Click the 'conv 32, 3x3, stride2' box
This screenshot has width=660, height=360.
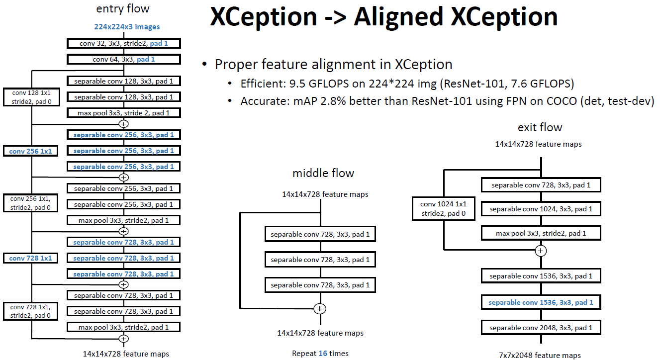[x=123, y=44]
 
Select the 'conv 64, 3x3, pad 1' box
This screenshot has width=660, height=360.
[x=123, y=60]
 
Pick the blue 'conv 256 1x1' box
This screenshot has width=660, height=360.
[x=31, y=151]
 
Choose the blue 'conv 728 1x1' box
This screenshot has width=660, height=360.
[x=31, y=258]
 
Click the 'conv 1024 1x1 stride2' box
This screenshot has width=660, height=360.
[x=443, y=208]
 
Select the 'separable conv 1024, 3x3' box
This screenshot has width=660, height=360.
[x=541, y=209]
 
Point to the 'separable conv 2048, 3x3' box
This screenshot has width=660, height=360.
[x=541, y=328]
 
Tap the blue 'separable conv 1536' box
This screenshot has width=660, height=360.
[x=541, y=302]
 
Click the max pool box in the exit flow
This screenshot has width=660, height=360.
[x=541, y=233]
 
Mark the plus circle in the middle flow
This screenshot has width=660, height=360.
[x=320, y=309]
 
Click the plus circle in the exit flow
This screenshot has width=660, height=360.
[x=541, y=250]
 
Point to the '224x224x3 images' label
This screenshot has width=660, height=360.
[x=127, y=27]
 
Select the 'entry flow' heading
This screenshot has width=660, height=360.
[x=123, y=9]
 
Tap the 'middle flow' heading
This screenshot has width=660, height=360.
[x=323, y=173]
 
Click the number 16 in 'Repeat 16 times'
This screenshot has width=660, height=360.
[x=322, y=354]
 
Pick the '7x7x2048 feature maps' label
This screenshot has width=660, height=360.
[x=540, y=355]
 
